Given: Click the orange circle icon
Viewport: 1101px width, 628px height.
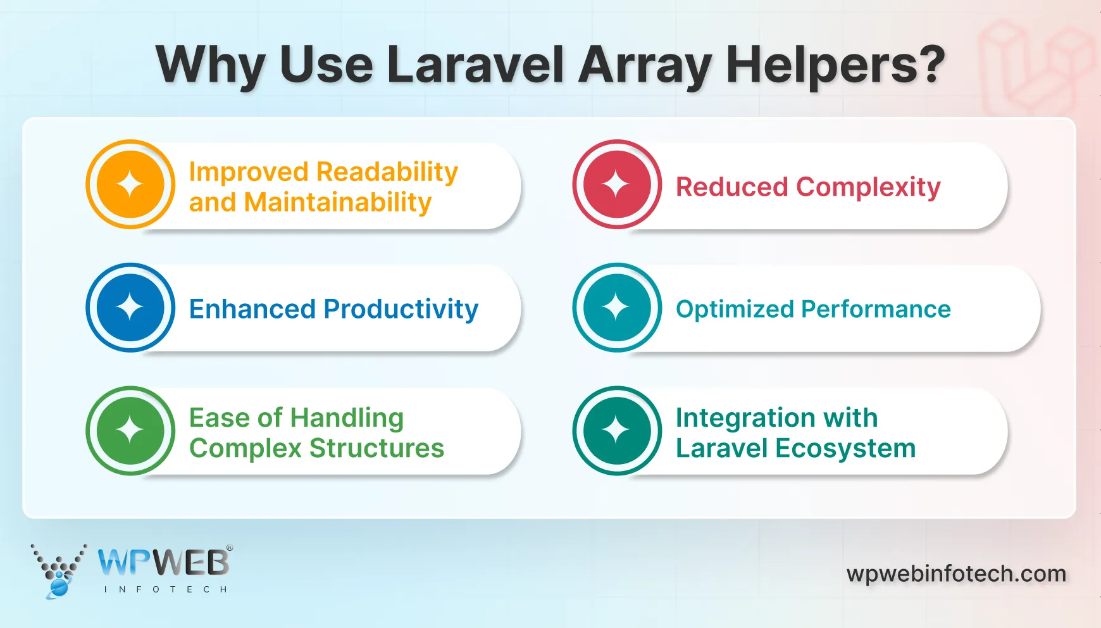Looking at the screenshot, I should tap(130, 184).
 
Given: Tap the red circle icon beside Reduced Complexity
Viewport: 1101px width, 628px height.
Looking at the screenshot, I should tap(617, 184).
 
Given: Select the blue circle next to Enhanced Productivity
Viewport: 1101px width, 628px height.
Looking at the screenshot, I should tap(130, 308).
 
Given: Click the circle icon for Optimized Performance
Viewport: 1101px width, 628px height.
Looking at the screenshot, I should tap(617, 308).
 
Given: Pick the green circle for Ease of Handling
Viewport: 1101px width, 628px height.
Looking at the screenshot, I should tap(130, 430).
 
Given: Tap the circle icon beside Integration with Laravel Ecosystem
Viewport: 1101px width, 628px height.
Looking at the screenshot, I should tap(617, 430).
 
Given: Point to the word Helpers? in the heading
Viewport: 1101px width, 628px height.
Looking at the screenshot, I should tap(835, 65).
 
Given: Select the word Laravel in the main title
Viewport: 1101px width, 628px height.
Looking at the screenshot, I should tap(475, 65).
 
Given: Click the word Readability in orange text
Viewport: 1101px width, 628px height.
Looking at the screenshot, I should tap(387, 172).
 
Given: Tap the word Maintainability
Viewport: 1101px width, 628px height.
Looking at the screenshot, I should tap(337, 203).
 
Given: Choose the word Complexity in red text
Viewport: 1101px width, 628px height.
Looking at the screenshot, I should tap(868, 187).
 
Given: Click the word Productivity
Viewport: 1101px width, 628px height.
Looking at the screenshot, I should tap(401, 310).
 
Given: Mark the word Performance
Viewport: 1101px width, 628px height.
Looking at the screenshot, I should tap(876, 310).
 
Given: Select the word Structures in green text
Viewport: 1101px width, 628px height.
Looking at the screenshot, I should tap(376, 448).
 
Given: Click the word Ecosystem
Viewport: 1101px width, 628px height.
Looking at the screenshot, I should tap(845, 448).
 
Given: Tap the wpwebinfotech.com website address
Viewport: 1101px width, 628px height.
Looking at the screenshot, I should tap(956, 574).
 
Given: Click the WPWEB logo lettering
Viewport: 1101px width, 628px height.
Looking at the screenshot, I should tap(164, 562).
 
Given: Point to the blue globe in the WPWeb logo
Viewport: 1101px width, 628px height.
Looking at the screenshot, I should tap(59, 587).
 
